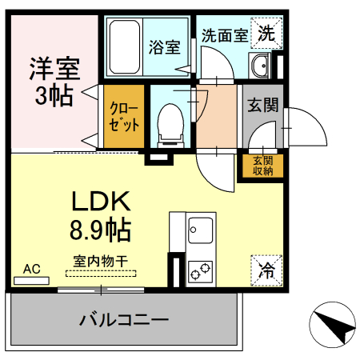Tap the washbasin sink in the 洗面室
coord(261,64)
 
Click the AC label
coord(32,269)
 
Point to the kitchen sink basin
coord(198,234)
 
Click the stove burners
coord(199,272)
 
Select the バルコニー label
coord(123,320)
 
